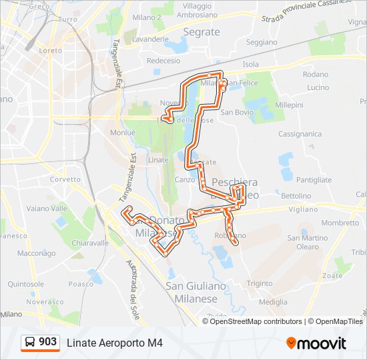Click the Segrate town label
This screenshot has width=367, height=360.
[201, 31]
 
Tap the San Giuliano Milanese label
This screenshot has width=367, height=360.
[196, 293]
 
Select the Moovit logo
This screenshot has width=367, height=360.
[316, 343]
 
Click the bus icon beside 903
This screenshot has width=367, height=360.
[29, 343]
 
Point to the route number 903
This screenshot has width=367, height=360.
[48, 342]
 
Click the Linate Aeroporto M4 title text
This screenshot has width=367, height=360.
[114, 343]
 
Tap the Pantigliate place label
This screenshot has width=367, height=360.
[314, 180]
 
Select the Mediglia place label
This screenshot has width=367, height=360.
[273, 301]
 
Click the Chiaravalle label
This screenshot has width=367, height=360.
[90, 243]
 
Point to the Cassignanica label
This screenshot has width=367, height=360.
[300, 134]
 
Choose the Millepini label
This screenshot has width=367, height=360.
[289, 105]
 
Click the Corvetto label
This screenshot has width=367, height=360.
[65, 179]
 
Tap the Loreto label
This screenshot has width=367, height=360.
[51, 50]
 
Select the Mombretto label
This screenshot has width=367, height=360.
[340, 223]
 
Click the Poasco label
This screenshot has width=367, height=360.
[81, 283]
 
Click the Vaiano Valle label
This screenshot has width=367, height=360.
[47, 208]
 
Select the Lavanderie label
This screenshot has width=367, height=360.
[150, 39]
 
